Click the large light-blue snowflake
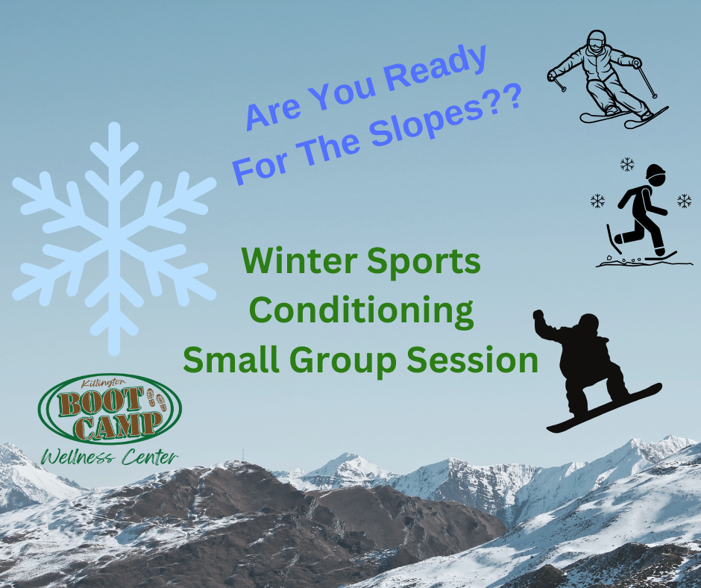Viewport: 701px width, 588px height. pos(114,239)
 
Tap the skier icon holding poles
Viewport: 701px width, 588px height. pos(608,79)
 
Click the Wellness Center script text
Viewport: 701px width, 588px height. pos(110,457)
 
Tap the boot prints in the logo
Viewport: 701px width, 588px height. pos(157,400)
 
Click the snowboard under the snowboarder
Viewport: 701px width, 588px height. pos(604,407)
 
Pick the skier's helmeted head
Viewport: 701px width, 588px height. pos(596,40)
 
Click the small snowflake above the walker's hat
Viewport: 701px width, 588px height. pos(627,164)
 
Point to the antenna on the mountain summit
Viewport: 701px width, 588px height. pos(243,455)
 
